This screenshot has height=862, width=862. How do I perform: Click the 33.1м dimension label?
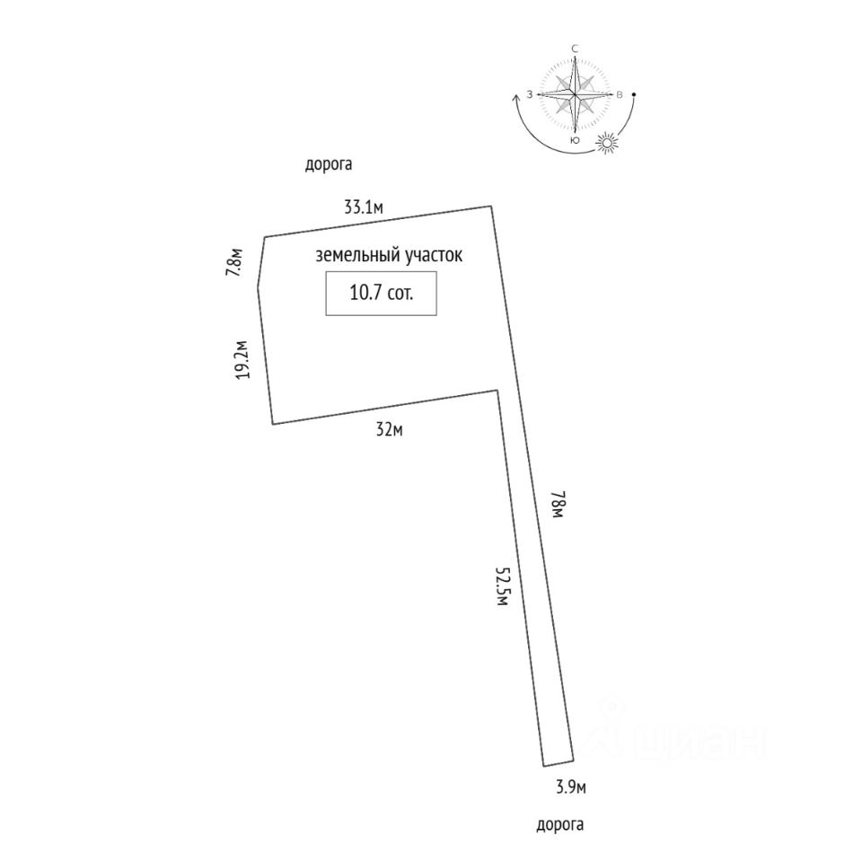(x=364, y=207)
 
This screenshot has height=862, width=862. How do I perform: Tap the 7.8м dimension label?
(x=234, y=262)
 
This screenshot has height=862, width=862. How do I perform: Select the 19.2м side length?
(x=242, y=361)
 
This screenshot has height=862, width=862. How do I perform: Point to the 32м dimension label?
(x=389, y=429)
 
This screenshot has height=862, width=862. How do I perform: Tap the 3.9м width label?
(x=570, y=787)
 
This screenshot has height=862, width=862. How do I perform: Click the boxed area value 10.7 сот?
(x=381, y=294)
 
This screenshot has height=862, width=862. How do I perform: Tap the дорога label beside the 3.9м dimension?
(x=559, y=823)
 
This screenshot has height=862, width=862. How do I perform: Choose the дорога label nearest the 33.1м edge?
(x=329, y=164)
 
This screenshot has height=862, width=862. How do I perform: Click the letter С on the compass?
(x=575, y=48)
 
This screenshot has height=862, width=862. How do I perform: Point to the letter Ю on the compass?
(x=575, y=141)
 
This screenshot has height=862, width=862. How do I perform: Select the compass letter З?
(x=531, y=94)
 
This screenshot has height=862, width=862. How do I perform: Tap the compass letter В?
(x=619, y=94)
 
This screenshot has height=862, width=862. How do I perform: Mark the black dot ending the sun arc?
(x=635, y=94)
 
